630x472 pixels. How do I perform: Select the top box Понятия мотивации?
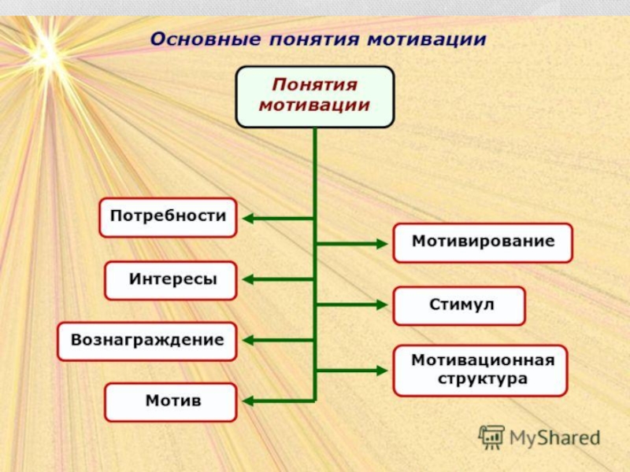tap(315, 96)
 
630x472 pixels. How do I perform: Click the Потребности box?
tap(168, 217)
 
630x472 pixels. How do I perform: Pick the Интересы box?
tap(171, 280)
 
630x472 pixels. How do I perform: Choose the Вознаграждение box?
tap(147, 341)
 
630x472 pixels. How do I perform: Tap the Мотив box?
tap(171, 401)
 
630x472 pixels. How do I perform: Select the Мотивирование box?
tap(483, 242)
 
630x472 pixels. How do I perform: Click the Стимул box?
tap(459, 305)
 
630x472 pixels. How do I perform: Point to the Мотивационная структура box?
tap(480, 370)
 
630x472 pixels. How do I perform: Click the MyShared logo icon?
tap(491, 437)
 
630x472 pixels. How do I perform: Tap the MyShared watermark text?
tap(554, 437)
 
